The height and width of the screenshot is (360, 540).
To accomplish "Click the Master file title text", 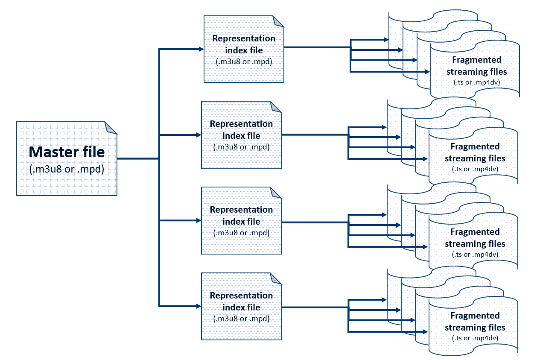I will click(x=67, y=152).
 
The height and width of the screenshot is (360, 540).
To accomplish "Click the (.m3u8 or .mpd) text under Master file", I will click(x=67, y=169).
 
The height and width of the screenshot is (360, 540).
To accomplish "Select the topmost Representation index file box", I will click(x=244, y=50).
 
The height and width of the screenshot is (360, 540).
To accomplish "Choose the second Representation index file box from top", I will click(x=241, y=135).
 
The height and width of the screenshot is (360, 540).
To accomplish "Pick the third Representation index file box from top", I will click(x=241, y=221).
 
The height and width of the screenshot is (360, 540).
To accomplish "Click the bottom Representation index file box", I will click(x=241, y=307).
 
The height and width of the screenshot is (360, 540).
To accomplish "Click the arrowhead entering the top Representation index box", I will click(x=201, y=49).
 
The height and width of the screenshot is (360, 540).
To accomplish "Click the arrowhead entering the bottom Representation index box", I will click(x=198, y=306).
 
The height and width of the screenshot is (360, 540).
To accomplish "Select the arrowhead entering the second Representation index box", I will click(x=198, y=135).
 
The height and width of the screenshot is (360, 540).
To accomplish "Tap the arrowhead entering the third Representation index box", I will click(x=198, y=221).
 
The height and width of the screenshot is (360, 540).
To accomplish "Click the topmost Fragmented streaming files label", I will click(x=476, y=65).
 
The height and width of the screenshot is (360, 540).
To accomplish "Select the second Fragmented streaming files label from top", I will click(x=475, y=152).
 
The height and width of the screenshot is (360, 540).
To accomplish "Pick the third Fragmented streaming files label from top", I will click(x=475, y=238).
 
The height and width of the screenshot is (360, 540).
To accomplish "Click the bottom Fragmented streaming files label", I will click(x=475, y=322).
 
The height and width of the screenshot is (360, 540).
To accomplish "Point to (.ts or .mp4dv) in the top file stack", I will click(x=476, y=82).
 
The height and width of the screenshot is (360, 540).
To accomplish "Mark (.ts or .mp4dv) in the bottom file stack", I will click(x=475, y=338).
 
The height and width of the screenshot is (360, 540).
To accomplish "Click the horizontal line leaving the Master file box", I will click(x=137, y=158).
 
